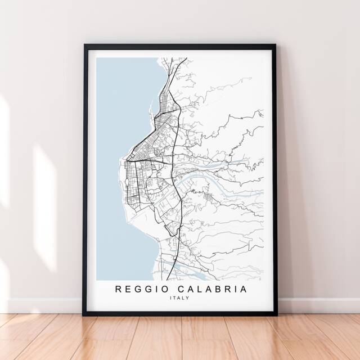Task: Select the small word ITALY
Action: (179, 298)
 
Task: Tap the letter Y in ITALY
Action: (188, 298)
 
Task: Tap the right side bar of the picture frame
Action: (274, 180)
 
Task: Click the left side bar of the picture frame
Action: (86, 180)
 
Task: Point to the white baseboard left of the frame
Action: (39, 305)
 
